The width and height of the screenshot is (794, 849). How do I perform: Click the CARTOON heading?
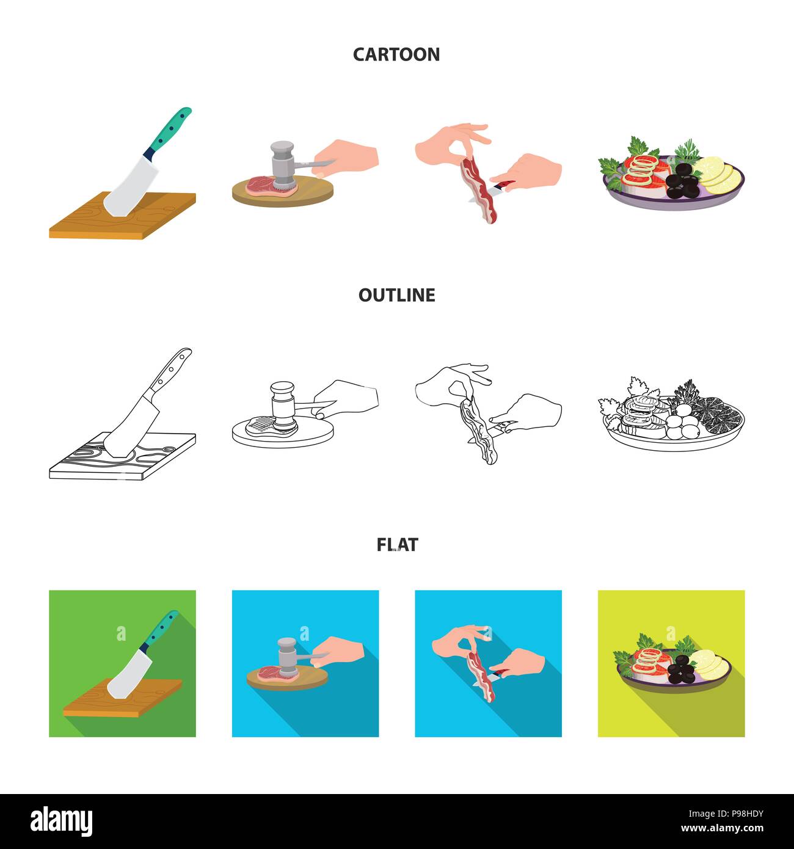[x=396, y=54]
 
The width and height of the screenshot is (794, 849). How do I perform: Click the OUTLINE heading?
[x=397, y=295]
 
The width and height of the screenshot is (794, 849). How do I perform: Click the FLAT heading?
[x=397, y=545]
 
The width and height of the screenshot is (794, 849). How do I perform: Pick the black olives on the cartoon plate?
[x=682, y=183]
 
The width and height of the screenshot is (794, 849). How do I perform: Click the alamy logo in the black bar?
[x=61, y=822]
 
